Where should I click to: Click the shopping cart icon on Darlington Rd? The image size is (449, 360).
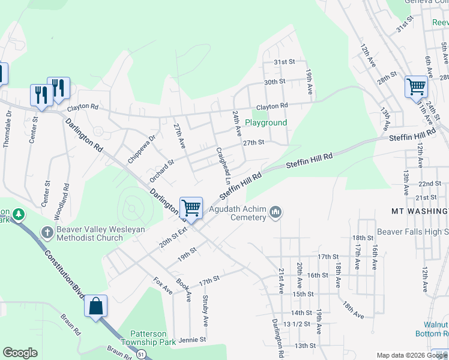[191, 208]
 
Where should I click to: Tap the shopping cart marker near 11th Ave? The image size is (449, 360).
[416, 86]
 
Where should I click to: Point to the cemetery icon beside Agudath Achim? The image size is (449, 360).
[276, 211]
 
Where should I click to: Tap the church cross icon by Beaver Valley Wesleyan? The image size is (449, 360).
[47, 232]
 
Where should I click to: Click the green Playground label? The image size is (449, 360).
[265, 122]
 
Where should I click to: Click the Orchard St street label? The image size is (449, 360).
[161, 170]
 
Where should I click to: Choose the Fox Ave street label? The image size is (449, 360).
[163, 286]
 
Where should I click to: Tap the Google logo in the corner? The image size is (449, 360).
[20, 353]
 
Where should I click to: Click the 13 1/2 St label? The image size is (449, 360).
[299, 324]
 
